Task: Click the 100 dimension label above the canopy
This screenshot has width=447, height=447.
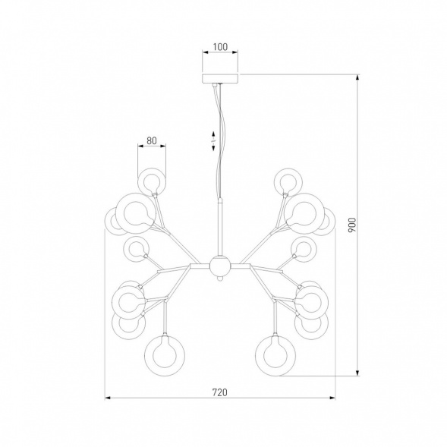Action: (220, 47)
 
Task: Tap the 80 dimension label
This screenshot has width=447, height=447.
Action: (152, 140)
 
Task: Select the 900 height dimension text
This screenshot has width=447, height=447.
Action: (352, 225)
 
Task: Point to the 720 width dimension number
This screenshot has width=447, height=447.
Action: (220, 392)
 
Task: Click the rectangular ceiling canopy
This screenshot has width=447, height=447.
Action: (220, 78)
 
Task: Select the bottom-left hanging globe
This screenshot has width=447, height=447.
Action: (164, 355)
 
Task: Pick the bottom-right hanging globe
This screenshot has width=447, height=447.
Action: (275, 355)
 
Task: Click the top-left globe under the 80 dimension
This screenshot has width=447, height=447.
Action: (151, 181)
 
